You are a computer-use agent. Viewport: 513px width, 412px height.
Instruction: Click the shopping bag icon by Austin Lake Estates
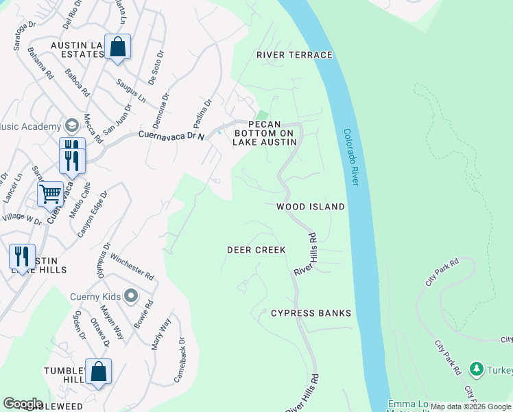[x=118, y=47]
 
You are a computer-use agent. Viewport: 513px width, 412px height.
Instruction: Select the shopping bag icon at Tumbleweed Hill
[x=99, y=372]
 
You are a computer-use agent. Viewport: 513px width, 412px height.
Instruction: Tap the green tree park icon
[x=477, y=369]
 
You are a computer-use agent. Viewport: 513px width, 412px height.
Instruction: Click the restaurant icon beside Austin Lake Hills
[x=22, y=257]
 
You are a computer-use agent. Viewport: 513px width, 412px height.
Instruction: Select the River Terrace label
[x=294, y=55]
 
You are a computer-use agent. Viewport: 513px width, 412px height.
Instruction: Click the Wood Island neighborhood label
[x=310, y=206]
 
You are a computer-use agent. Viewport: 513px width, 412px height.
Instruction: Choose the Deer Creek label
[x=256, y=250]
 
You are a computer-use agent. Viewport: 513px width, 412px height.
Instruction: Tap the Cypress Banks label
[x=311, y=313]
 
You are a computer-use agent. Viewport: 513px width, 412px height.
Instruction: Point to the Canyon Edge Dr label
[x=93, y=214]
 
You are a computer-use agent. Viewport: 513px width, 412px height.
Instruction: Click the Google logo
[x=23, y=404]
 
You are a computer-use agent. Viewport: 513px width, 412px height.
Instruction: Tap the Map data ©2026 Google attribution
[x=471, y=407]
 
